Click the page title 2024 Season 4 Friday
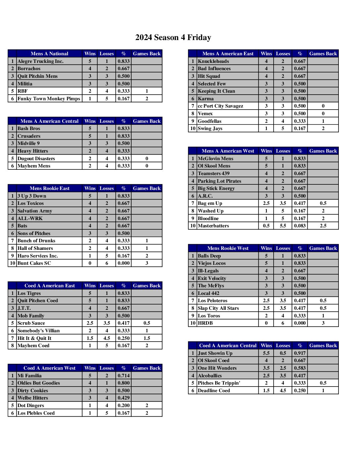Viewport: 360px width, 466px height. [173, 37]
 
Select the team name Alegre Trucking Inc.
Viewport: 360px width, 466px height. [40, 61]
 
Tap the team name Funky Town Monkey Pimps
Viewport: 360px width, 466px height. [49, 99]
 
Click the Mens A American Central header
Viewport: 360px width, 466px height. [49, 121]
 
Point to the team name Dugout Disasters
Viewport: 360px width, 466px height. [36, 159]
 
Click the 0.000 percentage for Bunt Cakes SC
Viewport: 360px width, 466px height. [123, 263]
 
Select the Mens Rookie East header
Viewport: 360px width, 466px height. [49, 188]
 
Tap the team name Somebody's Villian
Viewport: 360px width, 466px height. [38, 331]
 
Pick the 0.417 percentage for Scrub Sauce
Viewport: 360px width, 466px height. [123, 323]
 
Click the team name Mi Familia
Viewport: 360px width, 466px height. [29, 376]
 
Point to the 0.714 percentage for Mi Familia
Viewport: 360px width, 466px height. [123, 376]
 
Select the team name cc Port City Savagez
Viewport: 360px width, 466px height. [220, 106]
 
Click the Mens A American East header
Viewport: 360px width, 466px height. [228, 54]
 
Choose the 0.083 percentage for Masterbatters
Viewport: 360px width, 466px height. [300, 226]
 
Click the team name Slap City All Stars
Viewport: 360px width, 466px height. [218, 308]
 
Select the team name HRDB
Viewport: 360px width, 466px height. [205, 323]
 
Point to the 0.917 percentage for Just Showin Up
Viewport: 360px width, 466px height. [300, 353]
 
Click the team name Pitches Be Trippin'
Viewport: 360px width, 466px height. [219, 383]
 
